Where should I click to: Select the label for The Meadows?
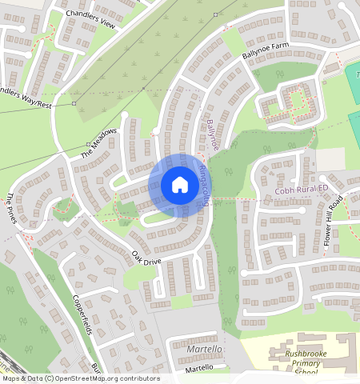[98, 142]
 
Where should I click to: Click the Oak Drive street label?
[146, 262]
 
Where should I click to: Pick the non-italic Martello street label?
[199, 367]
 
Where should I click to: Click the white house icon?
[180, 186]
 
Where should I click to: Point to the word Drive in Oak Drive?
[152, 266]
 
